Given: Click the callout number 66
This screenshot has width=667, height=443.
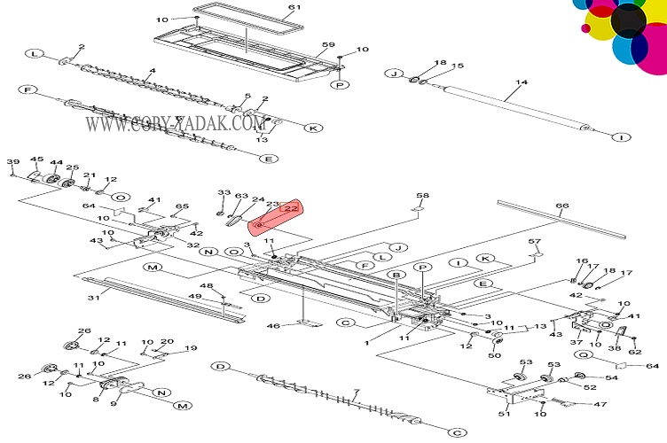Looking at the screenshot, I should tap(561, 207).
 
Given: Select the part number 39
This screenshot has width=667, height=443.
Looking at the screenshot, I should tap(12, 161).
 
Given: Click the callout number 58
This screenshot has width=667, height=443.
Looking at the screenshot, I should tap(422, 196).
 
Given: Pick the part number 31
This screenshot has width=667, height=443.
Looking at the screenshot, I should tap(93, 298).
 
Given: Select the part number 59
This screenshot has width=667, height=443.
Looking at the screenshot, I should tap(327, 45).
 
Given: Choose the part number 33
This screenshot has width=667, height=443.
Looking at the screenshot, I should tap(224, 192).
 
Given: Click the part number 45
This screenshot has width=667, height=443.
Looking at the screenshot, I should tap(36, 160).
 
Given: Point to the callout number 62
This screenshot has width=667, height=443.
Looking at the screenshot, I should tap(634, 352).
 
